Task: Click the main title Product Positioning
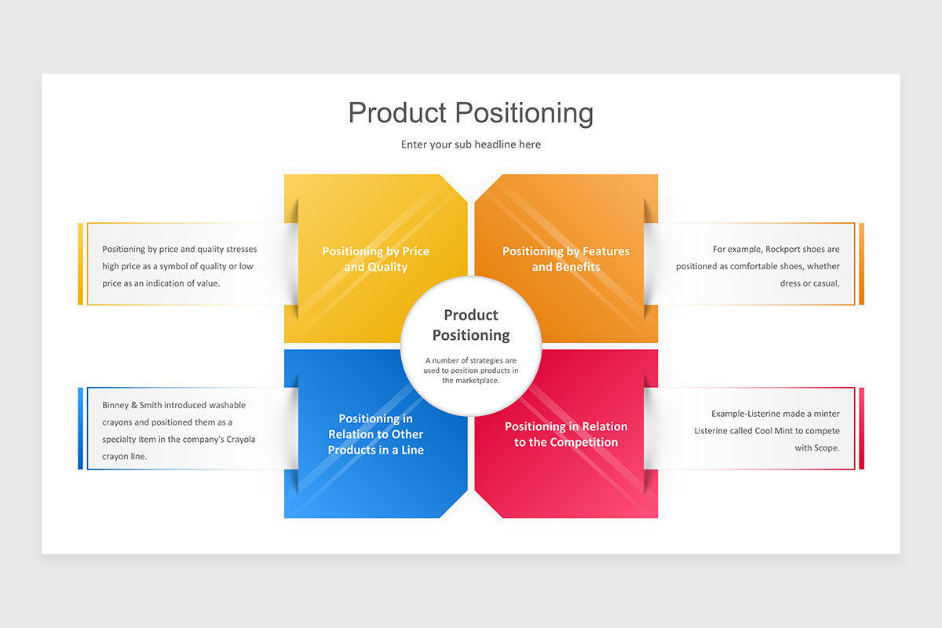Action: coord(471,113)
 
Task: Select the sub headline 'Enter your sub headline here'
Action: coord(471,144)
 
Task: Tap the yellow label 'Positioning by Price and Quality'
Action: coord(375,259)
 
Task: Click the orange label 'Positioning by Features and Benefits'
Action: coord(566,259)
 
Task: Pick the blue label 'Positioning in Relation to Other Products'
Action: coord(375,434)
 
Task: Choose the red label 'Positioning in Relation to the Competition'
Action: coord(566,434)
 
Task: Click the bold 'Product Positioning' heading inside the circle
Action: coord(471,325)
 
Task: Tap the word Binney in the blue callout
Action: coord(117,405)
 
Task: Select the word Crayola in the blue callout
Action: coord(239,439)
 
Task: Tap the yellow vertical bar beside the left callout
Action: coord(80,264)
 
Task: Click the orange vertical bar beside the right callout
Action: coord(861,264)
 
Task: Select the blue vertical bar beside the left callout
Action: coord(80,429)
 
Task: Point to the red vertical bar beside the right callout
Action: coord(861,429)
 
